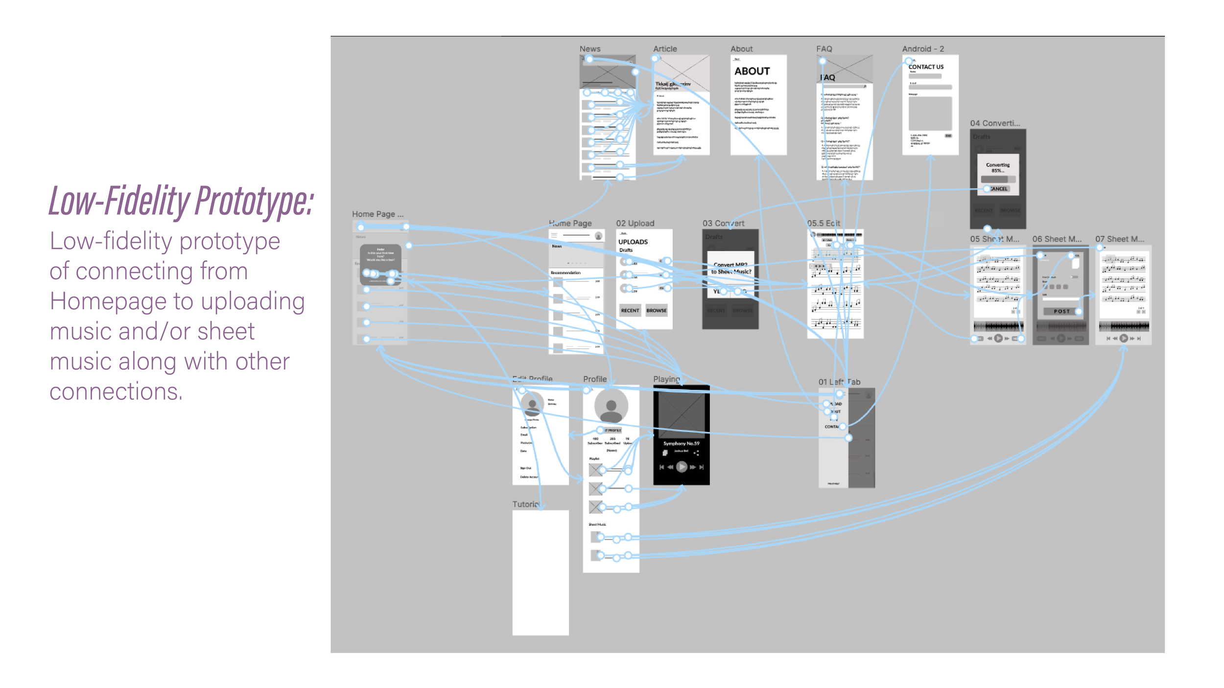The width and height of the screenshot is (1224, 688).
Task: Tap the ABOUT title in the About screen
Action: click(x=752, y=71)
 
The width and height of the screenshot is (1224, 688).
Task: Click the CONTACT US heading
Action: click(x=926, y=67)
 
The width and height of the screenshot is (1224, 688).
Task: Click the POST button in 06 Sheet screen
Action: click(x=1061, y=311)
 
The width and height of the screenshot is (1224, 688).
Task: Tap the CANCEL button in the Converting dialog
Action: click(x=998, y=188)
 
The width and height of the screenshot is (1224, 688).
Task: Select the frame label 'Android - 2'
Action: click(x=923, y=49)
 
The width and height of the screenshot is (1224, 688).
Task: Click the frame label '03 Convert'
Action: click(x=723, y=223)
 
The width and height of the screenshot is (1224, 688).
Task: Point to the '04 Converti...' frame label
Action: click(x=995, y=123)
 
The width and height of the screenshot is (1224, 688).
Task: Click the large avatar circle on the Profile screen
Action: click(x=611, y=406)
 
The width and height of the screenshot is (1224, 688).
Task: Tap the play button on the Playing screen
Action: click(x=681, y=467)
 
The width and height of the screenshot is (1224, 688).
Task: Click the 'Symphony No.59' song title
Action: click(x=681, y=443)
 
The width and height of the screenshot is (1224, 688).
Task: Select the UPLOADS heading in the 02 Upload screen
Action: click(x=633, y=242)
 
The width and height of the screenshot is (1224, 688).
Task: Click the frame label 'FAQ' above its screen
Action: click(x=824, y=49)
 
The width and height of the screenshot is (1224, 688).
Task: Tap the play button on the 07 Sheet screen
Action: click(x=1124, y=338)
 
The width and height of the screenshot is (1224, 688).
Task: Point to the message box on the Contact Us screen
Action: click(x=930, y=114)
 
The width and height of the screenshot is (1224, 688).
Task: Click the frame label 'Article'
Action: click(x=665, y=49)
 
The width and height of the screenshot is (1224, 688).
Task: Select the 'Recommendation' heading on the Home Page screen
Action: click(x=565, y=273)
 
